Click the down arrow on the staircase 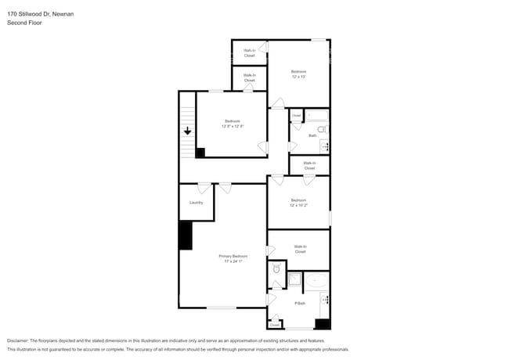(188, 131)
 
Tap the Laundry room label (196, 203)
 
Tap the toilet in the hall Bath (321, 129)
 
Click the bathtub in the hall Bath (317, 116)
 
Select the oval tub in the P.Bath (316, 281)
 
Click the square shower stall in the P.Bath (295, 279)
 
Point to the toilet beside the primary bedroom (276, 268)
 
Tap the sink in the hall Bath (323, 146)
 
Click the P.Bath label (299, 303)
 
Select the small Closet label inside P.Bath (274, 324)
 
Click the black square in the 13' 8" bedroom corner (200, 153)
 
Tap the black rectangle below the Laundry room (186, 236)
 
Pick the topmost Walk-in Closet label (249, 53)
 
